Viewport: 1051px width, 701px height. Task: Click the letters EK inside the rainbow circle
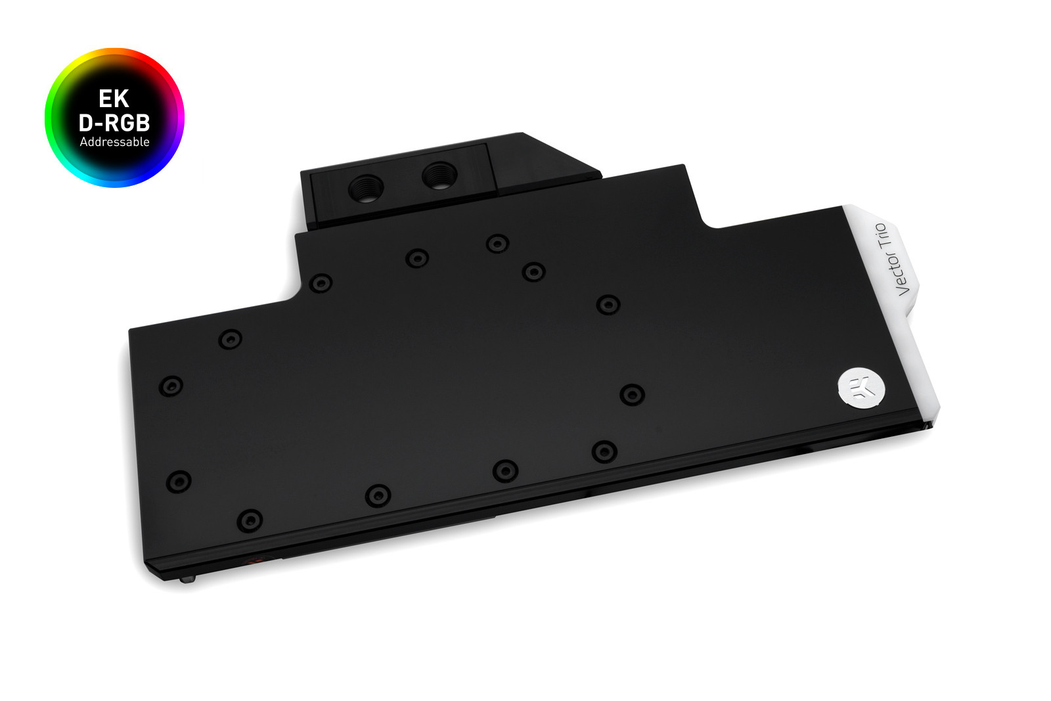tap(114, 99)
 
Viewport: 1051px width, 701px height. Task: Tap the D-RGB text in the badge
tap(114, 122)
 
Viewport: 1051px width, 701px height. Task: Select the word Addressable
tap(114, 142)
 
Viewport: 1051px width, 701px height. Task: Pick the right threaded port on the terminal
tap(439, 175)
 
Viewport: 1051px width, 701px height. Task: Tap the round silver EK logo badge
tap(861, 388)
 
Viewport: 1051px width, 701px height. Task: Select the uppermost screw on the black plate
tap(497, 243)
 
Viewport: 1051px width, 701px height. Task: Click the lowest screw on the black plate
tap(249, 520)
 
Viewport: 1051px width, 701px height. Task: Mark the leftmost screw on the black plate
tap(171, 386)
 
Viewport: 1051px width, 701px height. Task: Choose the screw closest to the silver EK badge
tap(631, 394)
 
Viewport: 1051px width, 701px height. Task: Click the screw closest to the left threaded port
tap(417, 258)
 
